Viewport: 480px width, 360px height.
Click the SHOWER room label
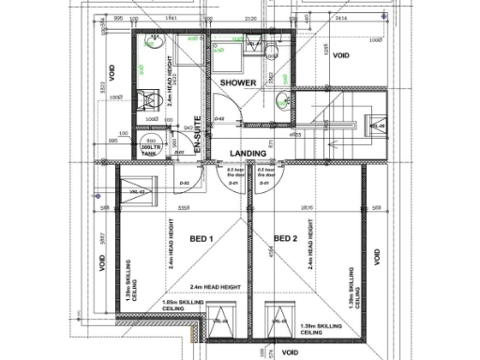pyautogui.click(x=238, y=83)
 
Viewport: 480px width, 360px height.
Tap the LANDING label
pyautogui.click(x=247, y=152)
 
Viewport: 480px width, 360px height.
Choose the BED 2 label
pyautogui.click(x=285, y=239)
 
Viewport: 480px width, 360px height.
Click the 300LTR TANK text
pyautogui.click(x=152, y=150)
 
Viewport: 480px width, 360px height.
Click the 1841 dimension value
pyautogui.click(x=172, y=18)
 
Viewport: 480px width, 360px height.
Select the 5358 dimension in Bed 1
pyautogui.click(x=186, y=208)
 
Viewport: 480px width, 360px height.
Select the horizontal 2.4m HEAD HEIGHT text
pyautogui.click(x=216, y=287)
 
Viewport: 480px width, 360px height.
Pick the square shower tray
pyautogui.click(x=225, y=53)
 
